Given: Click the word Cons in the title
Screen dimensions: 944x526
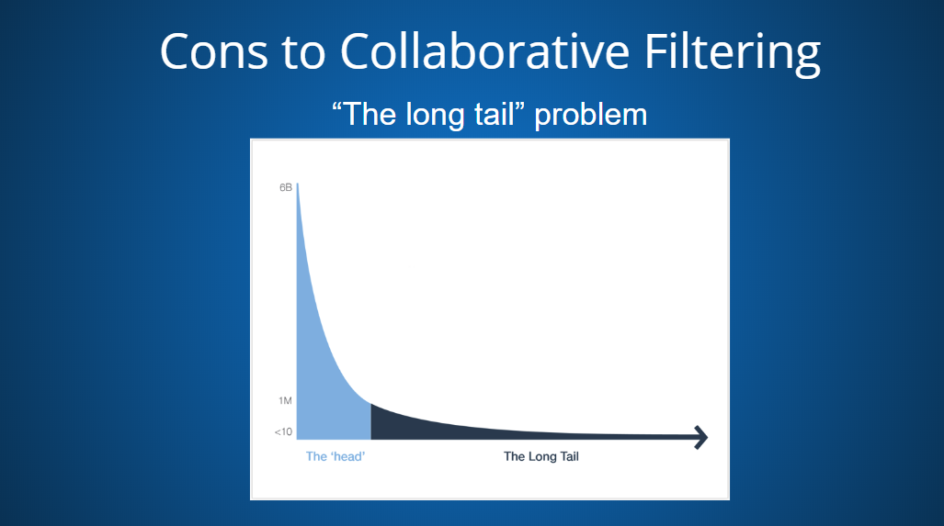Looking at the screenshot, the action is coord(214,51).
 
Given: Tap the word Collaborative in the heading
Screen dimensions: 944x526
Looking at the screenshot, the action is coord(485,50).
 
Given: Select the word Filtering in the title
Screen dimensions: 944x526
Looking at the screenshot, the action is coord(732,54).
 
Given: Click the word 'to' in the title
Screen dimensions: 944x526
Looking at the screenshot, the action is coord(303,53).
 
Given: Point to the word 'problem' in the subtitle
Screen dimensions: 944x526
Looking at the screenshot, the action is coord(591,115).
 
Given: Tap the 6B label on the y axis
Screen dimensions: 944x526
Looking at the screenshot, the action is coord(285,187).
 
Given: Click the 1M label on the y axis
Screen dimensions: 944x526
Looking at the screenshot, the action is coord(285,400).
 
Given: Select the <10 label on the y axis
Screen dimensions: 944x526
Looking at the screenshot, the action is coord(283,431).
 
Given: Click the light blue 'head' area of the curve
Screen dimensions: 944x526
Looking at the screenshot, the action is coord(328,385).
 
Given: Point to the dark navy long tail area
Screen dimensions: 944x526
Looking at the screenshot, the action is coord(482,430).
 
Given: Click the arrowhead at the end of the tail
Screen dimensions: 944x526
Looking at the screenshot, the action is coord(700,437).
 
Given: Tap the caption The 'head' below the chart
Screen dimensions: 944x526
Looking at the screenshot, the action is coord(336,456).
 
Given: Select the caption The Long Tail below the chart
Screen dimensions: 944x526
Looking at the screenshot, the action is coord(541,456).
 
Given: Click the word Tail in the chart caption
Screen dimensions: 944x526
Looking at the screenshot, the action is coord(568,456).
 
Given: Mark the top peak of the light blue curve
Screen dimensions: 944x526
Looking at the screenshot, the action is coord(298,184).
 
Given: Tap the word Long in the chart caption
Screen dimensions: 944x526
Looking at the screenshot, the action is coord(540,457).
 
